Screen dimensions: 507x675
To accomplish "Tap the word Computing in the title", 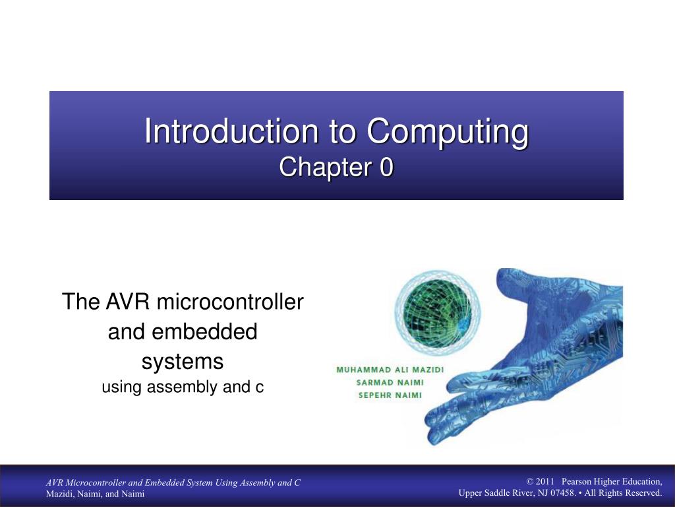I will (x=448, y=131).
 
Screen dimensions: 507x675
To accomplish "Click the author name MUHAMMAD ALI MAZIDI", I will (x=390, y=370).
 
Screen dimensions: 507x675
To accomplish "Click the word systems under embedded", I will (x=183, y=361).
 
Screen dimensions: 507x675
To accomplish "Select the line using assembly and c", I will (x=183, y=388).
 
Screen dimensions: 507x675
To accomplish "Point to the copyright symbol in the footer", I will (x=530, y=481).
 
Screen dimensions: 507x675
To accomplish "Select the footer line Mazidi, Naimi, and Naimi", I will (x=95, y=494).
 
